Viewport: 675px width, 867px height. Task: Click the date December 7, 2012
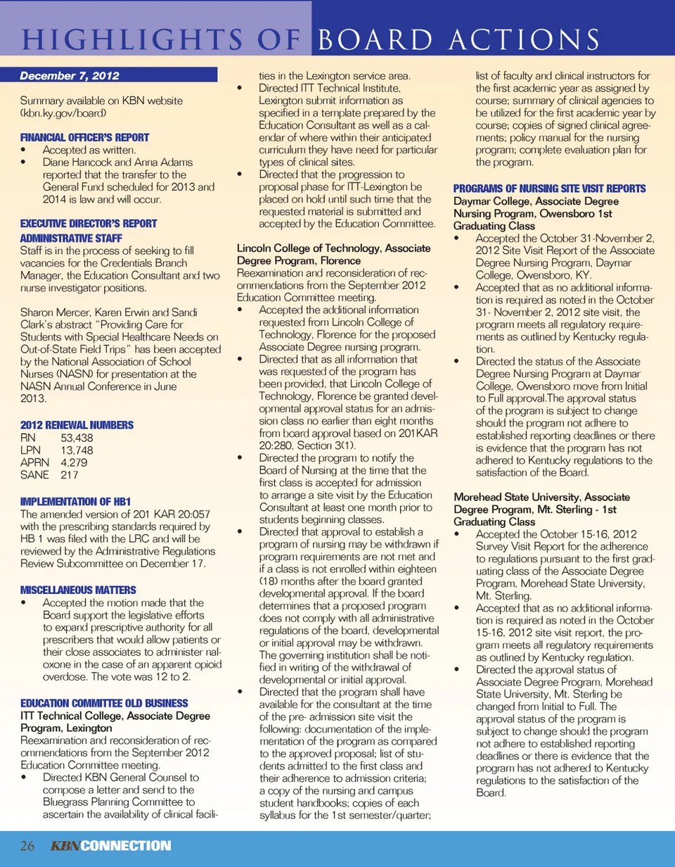pos(69,75)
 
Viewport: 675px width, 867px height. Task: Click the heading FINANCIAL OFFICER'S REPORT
pos(84,137)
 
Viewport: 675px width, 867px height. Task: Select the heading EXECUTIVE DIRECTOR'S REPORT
pos(88,223)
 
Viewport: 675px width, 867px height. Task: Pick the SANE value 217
pos(70,475)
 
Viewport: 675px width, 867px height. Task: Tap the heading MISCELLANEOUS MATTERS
pos(78,589)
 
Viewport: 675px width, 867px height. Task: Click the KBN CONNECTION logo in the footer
pos(111,845)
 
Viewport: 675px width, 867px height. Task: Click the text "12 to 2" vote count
pos(179,677)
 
